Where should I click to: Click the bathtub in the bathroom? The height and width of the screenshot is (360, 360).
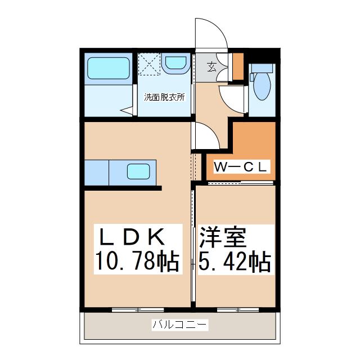pos(109,68)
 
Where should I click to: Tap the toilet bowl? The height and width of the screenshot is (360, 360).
pos(262,86)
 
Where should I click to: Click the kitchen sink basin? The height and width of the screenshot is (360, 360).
pos(138,172)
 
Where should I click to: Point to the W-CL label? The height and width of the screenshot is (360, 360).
pos(240,167)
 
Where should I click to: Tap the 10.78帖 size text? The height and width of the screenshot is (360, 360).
pos(137,262)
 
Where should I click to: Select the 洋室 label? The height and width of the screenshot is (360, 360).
pos(223,237)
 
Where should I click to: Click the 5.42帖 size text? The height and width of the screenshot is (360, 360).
pos(235,262)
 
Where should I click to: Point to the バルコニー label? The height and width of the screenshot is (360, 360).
pos(180,325)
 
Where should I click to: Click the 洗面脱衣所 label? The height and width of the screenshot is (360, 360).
pos(164,97)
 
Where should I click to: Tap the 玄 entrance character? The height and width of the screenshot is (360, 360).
pos(211,67)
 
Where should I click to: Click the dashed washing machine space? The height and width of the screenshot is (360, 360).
pos(149,64)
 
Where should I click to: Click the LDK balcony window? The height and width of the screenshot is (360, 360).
pos(138,310)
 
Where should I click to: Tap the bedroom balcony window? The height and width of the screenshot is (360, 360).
pos(238,310)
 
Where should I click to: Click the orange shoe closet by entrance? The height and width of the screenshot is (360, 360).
pos(238,66)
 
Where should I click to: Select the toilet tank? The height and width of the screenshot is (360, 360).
pos(262,68)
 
